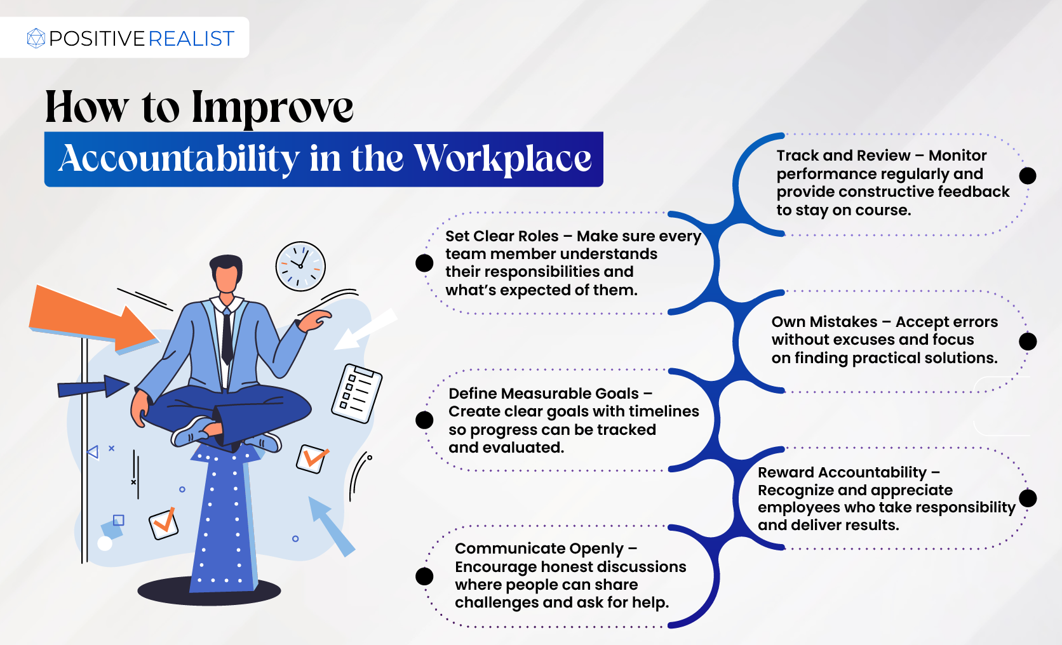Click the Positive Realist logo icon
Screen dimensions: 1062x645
pos(36,38)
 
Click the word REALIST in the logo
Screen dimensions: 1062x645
pos(192,38)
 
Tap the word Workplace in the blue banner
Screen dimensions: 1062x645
pos(502,159)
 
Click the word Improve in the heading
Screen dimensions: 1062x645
pos(272,108)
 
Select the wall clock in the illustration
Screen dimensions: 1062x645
pos(300,266)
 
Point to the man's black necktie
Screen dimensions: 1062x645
pos(227,336)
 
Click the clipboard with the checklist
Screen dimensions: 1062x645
pos(357,394)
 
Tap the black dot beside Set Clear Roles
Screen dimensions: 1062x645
pos(424,263)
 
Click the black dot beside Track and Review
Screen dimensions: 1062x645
pos(1028,176)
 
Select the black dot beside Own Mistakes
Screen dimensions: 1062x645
pos(1028,341)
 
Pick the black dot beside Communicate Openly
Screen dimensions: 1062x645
pos(424,576)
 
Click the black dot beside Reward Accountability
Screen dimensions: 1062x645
pos(1028,498)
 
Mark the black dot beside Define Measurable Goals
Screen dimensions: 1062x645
pos(424,420)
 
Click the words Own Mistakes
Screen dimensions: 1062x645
pos(824,322)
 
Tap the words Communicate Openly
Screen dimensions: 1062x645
pos(539,549)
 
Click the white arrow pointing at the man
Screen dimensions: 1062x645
pos(365,329)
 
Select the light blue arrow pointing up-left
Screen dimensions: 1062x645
pos(332,526)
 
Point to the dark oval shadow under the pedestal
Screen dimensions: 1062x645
pos(209,591)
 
